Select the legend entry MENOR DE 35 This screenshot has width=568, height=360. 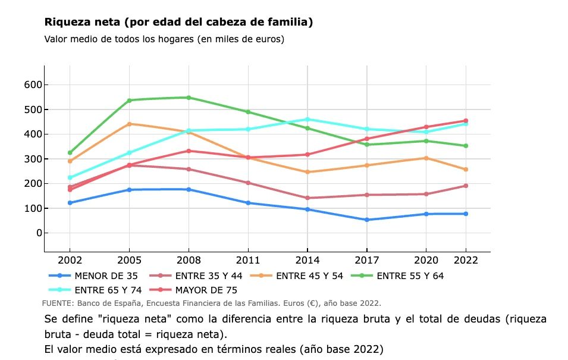(x=106, y=276)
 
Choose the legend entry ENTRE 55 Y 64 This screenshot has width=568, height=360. (x=410, y=276)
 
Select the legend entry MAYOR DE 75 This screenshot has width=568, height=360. (x=206, y=290)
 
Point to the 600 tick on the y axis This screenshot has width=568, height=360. (x=33, y=85)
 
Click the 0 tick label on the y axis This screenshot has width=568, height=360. (x=39, y=233)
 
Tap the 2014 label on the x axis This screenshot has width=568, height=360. (x=307, y=260)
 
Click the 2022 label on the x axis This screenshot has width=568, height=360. (x=466, y=260)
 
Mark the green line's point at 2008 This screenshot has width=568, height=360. (x=189, y=98)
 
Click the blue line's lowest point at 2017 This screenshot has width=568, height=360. (x=366, y=220)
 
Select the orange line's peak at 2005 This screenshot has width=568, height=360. (x=129, y=124)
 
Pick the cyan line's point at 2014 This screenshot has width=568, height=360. (x=307, y=119)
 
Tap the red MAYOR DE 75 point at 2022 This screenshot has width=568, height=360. (x=466, y=121)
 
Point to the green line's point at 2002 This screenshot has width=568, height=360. (x=70, y=153)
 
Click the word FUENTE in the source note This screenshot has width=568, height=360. (x=58, y=303)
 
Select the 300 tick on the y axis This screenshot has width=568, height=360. (x=33, y=159)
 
